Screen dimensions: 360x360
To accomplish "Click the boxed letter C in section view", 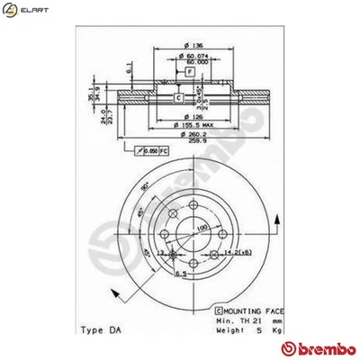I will point(178,97).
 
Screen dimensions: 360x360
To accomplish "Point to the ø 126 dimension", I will point(192,115).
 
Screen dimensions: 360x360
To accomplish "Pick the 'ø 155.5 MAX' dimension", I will point(192,126).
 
